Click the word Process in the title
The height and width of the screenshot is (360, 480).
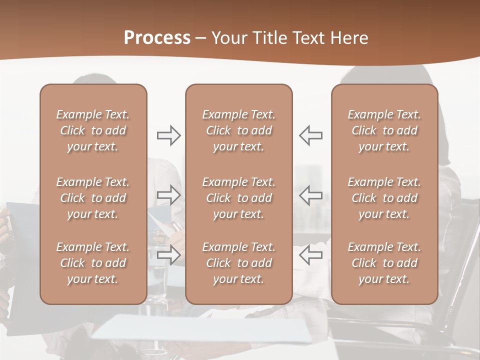157,37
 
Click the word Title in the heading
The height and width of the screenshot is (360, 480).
270,37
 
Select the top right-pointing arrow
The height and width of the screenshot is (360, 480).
168,135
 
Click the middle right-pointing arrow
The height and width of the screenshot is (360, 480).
168,195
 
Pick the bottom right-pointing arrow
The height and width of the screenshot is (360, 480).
168,255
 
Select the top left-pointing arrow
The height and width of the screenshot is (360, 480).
311,135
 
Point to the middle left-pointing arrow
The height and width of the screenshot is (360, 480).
311,195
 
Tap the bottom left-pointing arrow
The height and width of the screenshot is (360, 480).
311,255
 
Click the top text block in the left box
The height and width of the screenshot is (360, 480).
93,130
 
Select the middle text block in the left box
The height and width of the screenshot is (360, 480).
93,198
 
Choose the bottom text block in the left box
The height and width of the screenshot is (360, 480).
93,263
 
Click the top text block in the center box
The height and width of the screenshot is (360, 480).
239,130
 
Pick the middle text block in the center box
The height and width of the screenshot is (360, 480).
239,198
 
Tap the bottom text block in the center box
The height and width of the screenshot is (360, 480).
239,263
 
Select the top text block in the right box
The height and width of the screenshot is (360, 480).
384,130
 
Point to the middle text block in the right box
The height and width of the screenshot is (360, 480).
384,198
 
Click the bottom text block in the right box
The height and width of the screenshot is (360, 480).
384,263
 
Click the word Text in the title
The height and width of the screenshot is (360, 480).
309,37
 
